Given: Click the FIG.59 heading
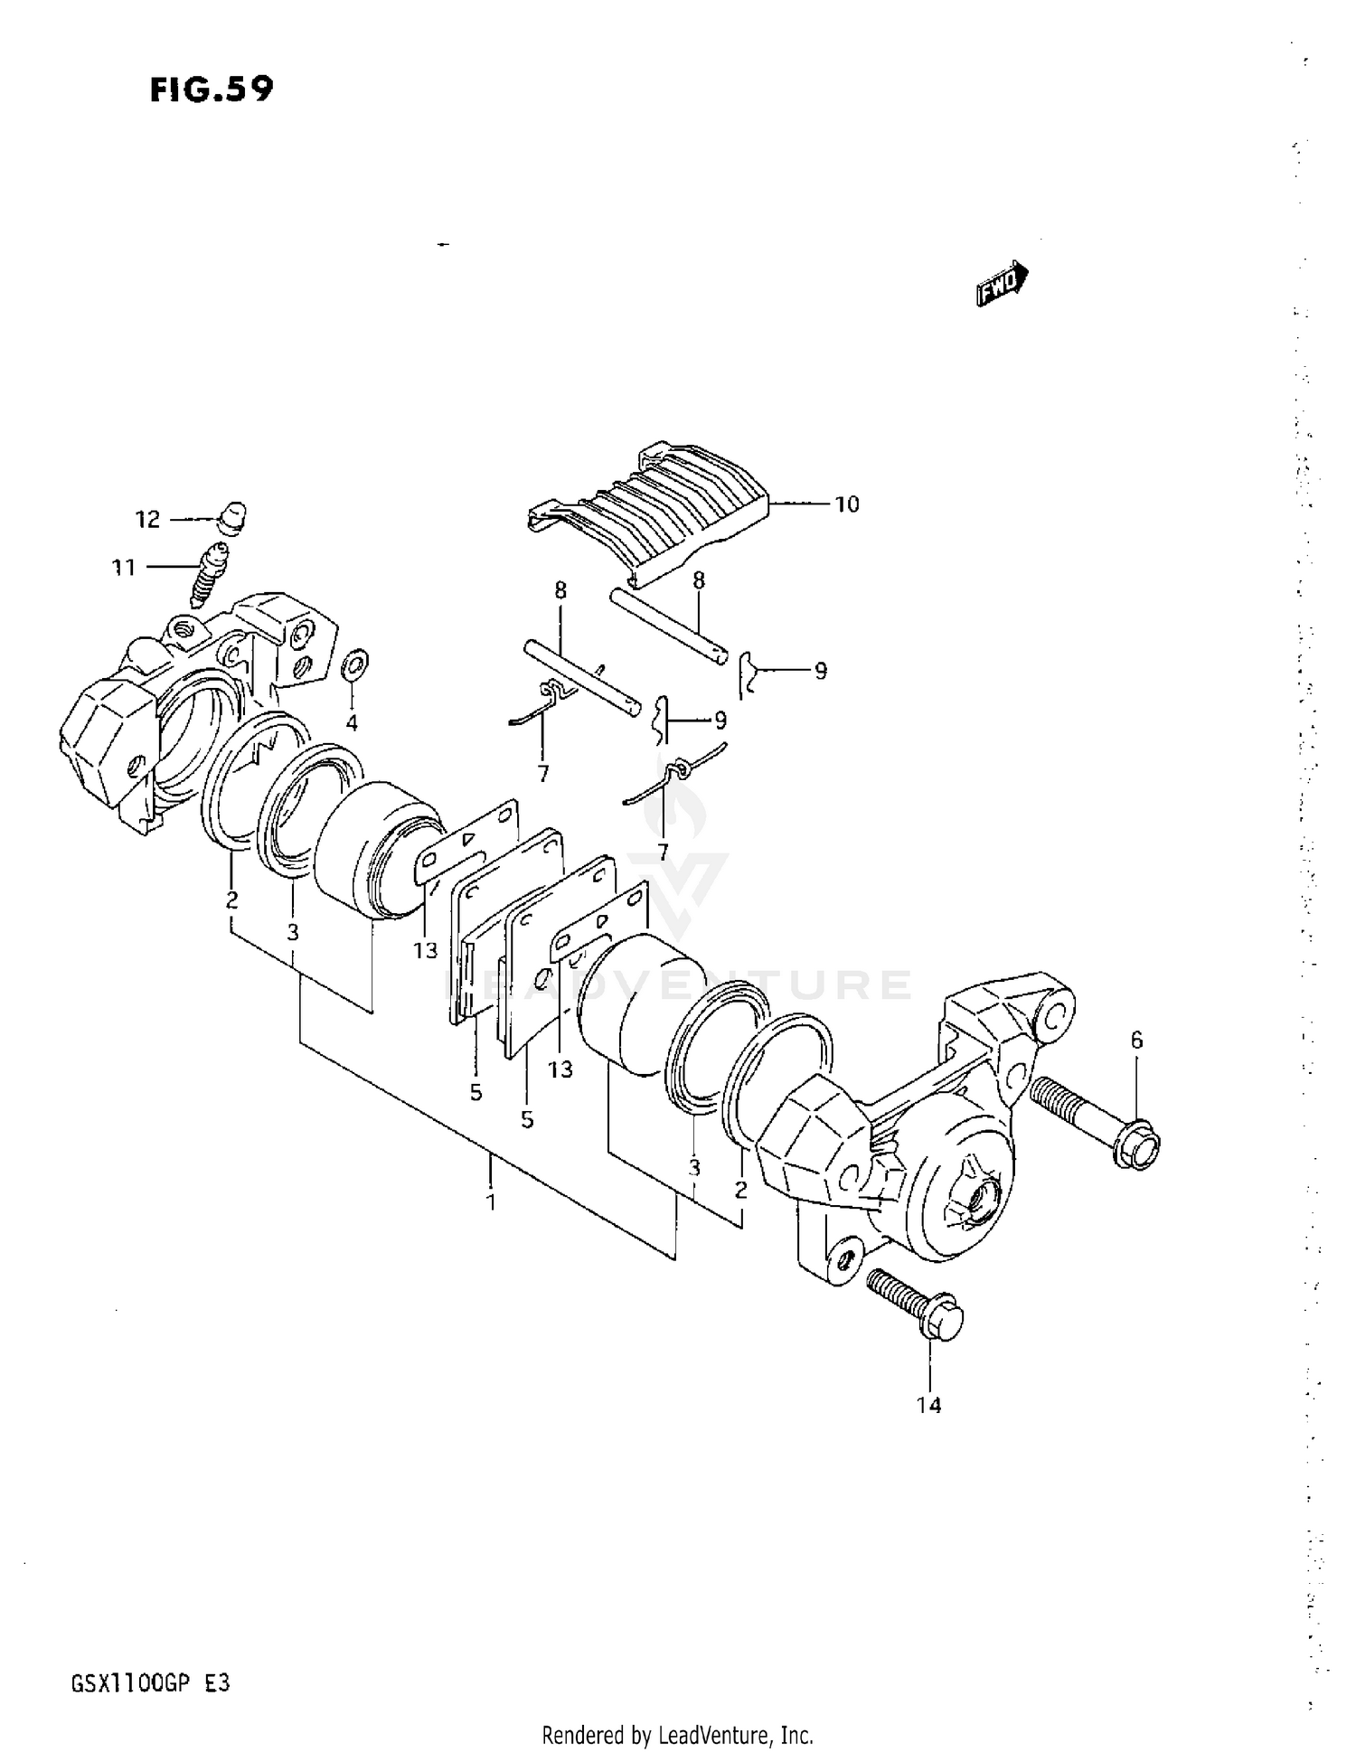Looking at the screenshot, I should click(x=211, y=89).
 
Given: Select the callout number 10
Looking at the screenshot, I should click(x=846, y=504).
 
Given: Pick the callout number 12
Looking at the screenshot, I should click(x=147, y=520).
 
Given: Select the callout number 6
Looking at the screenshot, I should click(x=1136, y=1041).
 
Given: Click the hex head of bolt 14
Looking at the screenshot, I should click(x=944, y=1322).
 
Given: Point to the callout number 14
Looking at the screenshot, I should click(x=928, y=1405).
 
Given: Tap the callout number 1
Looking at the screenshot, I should click(x=491, y=1202).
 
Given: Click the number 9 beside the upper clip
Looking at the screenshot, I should click(x=820, y=671).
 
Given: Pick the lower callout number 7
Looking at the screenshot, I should click(x=663, y=851).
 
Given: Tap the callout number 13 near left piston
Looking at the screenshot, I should click(x=425, y=950).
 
